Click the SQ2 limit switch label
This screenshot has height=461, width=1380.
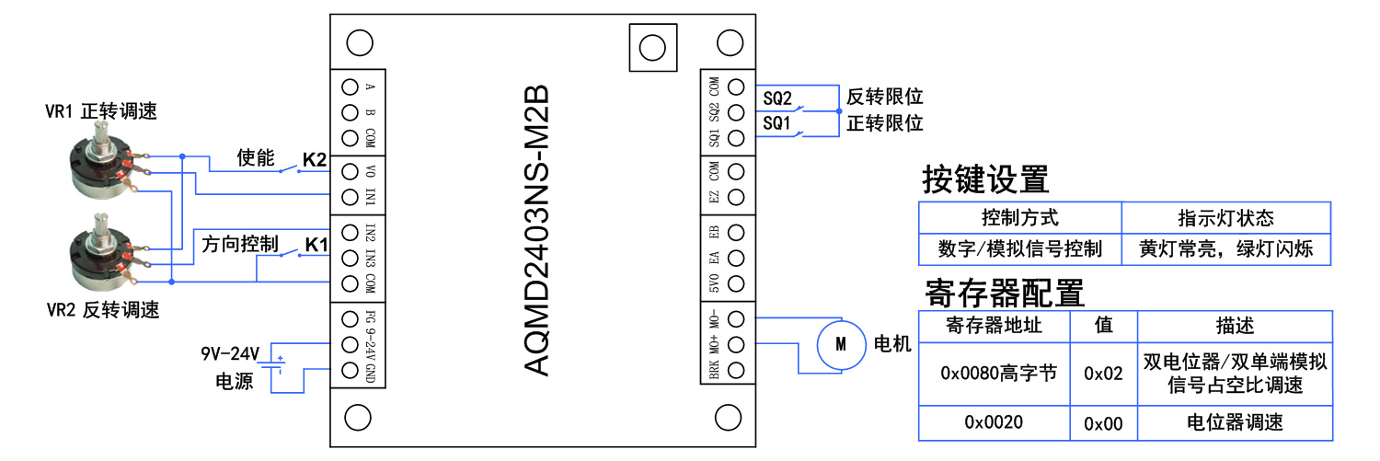tap(777, 97)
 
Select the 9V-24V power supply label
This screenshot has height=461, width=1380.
tap(230, 354)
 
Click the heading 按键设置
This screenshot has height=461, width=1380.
tap(985, 179)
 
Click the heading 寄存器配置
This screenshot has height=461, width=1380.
tap(1004, 293)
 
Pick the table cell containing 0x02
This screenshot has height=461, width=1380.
tap(1103, 374)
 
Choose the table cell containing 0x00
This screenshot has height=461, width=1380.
tap(1103, 422)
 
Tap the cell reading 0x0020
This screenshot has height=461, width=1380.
tap(994, 422)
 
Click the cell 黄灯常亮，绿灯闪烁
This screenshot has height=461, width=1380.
tap(1225, 248)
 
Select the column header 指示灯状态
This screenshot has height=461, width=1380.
tap(1225, 218)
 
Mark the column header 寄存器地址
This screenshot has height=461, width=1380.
tap(994, 326)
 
